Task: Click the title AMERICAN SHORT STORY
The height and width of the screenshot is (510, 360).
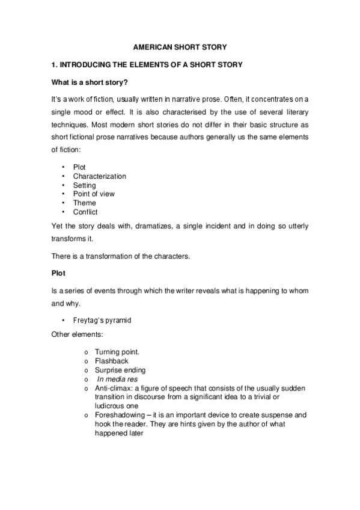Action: pyautogui.click(x=180, y=46)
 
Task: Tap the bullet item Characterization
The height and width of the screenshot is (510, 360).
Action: pyautogui.click(x=99, y=176)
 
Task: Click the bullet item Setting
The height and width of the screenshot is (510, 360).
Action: pyautogui.click(x=84, y=185)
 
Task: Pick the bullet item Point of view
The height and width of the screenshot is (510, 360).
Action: pyautogui.click(x=93, y=194)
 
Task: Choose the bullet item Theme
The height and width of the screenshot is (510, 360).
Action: pyautogui.click(x=84, y=203)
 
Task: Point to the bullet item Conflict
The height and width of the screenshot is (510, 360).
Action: pyautogui.click(x=85, y=212)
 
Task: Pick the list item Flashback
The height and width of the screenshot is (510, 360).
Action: pyautogui.click(x=112, y=361)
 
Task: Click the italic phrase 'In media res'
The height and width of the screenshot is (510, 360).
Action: pyautogui.click(x=117, y=379)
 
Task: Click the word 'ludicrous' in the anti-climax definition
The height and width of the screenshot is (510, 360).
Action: pyautogui.click(x=111, y=406)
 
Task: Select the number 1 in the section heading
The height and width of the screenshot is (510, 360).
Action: pyautogui.click(x=54, y=64)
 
